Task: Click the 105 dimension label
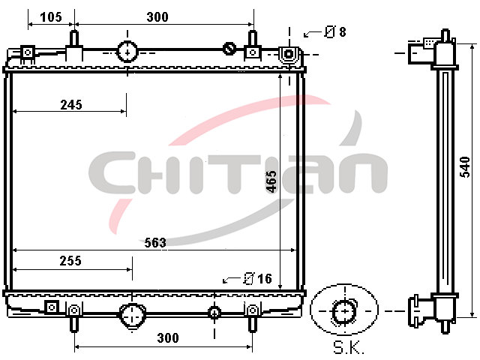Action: pos(51,16)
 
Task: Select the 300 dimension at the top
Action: pos(157,16)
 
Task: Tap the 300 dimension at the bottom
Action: pos(168,338)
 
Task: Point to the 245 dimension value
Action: pos(71,105)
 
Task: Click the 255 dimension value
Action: pos(70,261)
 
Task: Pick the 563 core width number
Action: pos(155,243)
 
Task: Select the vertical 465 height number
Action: pos(271,181)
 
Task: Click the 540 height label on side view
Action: pos(465,166)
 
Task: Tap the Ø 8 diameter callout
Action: pos(335,31)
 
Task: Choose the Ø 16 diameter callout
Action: pos(258,278)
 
